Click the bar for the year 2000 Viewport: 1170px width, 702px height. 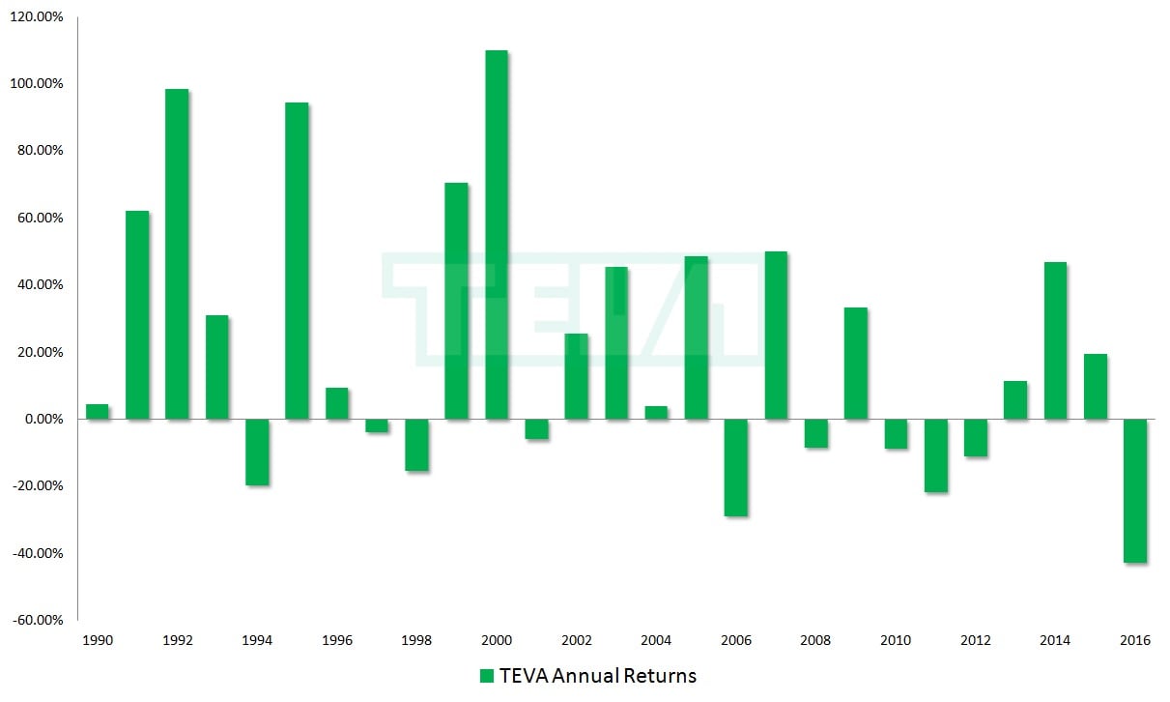point(496,235)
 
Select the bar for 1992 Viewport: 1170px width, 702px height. point(177,254)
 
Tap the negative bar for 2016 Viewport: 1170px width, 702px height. point(1135,490)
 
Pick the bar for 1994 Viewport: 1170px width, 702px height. point(256,452)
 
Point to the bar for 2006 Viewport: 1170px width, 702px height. point(735,467)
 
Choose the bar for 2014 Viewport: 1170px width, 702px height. point(1055,340)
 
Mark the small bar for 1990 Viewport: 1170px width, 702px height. point(97,412)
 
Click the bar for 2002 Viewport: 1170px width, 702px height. point(576,376)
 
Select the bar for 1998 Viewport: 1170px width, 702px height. point(416,445)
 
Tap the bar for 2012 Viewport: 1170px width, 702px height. point(976,437)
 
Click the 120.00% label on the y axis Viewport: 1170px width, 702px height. point(37,17)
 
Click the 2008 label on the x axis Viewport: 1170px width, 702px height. point(815,640)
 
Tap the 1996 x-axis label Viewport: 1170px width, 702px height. point(336,640)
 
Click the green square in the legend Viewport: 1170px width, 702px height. point(487,676)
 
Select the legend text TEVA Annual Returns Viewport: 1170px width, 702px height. point(598,676)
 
